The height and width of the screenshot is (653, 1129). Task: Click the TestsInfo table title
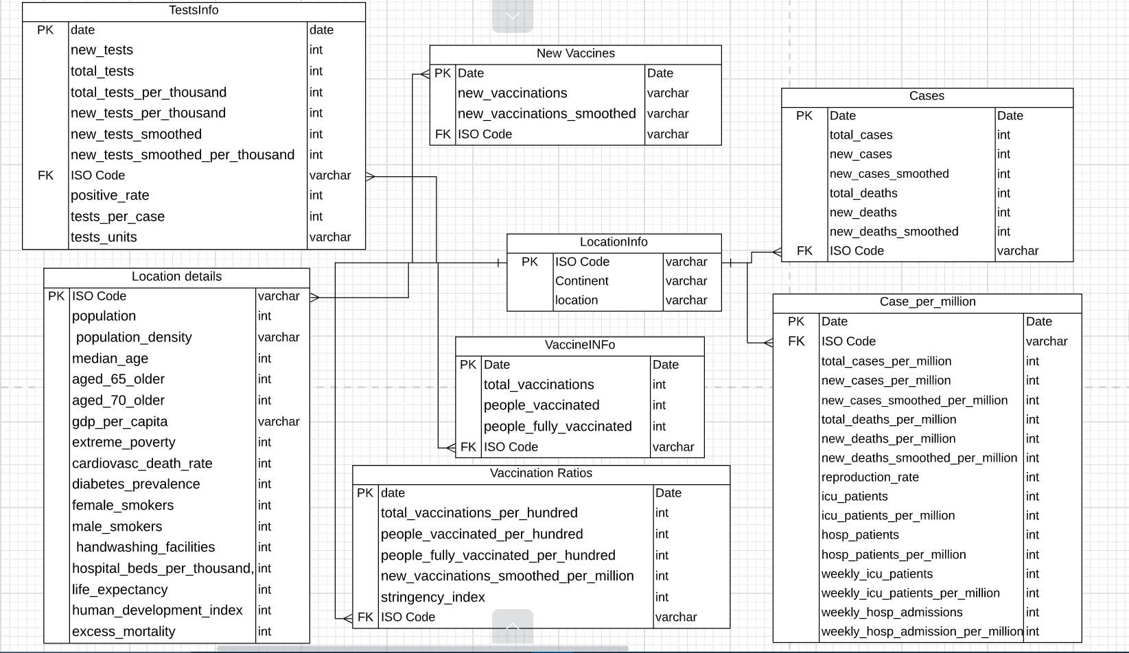(x=194, y=10)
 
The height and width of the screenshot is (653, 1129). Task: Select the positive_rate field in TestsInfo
(x=110, y=195)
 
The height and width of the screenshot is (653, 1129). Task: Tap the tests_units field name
(x=104, y=237)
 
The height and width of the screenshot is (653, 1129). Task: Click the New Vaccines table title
(x=575, y=54)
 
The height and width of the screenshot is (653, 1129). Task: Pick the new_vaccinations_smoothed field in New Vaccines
(x=546, y=114)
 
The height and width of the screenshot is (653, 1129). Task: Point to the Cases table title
(x=927, y=96)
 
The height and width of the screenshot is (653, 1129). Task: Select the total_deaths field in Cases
(x=863, y=193)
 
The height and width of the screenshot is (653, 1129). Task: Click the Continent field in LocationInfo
(x=581, y=281)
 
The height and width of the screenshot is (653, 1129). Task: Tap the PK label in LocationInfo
(x=530, y=262)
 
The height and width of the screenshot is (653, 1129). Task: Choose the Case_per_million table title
(x=927, y=302)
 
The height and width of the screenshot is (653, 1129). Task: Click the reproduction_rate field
(x=870, y=477)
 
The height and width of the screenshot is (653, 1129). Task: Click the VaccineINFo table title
(x=580, y=345)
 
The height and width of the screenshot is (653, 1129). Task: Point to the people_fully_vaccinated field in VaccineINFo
(x=557, y=427)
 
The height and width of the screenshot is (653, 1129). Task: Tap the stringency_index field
(x=432, y=597)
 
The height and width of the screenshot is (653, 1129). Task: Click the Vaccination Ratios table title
(x=541, y=473)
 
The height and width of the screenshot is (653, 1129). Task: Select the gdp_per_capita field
(x=119, y=422)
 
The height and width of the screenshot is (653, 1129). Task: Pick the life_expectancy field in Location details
(x=119, y=590)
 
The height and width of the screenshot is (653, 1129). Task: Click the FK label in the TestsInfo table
(x=45, y=176)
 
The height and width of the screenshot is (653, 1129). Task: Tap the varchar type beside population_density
(x=279, y=337)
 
